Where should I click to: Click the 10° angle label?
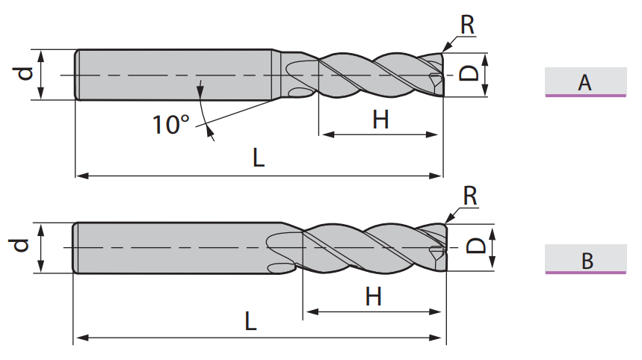click(171, 125)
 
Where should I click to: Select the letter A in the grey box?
click(584, 83)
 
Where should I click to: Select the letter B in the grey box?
click(587, 261)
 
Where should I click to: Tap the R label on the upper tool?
click(467, 25)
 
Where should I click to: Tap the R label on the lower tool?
click(470, 196)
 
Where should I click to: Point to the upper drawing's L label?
click(259, 158)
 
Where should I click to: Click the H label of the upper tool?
click(380, 120)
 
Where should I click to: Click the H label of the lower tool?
click(374, 297)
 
